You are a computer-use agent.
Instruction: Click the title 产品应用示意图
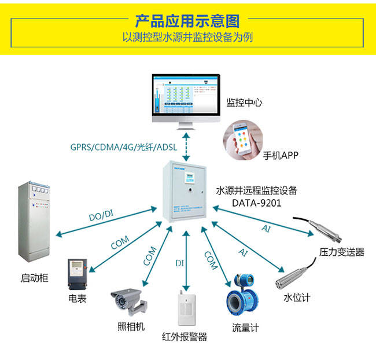coord(187,21)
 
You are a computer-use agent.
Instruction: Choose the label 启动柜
coord(34,278)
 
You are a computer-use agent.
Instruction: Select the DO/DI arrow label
coord(101,216)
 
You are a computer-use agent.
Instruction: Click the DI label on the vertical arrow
coord(179,263)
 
